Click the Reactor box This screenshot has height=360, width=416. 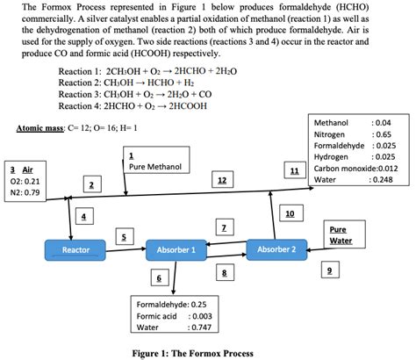pos(76,250)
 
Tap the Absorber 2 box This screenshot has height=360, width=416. pos(276,248)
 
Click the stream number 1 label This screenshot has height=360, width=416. pos(131,155)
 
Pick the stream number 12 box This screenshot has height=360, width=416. pos(222,181)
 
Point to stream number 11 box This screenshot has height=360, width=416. pos(295,169)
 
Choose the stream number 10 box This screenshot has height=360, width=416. pos(289,213)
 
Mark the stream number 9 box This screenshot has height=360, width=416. pos(329,270)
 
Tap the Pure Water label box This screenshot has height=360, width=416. pos(339,234)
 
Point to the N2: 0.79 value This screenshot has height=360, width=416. pos(25,191)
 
